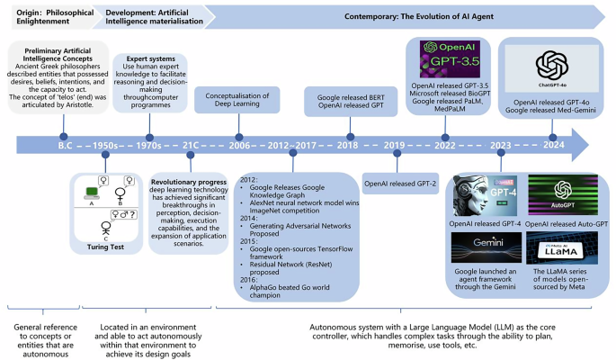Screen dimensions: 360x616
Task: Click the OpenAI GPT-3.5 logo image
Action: point(447,56)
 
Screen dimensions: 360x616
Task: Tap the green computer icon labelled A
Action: point(91,191)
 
